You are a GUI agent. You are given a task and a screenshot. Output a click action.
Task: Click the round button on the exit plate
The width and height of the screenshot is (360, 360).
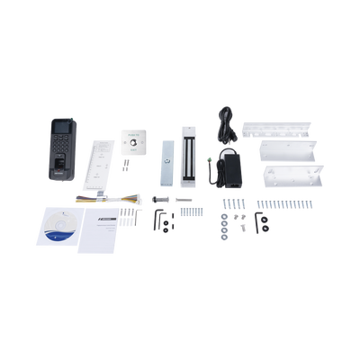click(135, 140)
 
